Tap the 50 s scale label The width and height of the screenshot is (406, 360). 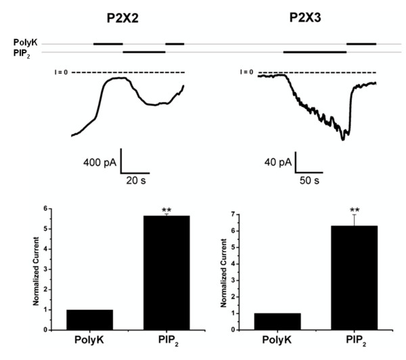point(311,181)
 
